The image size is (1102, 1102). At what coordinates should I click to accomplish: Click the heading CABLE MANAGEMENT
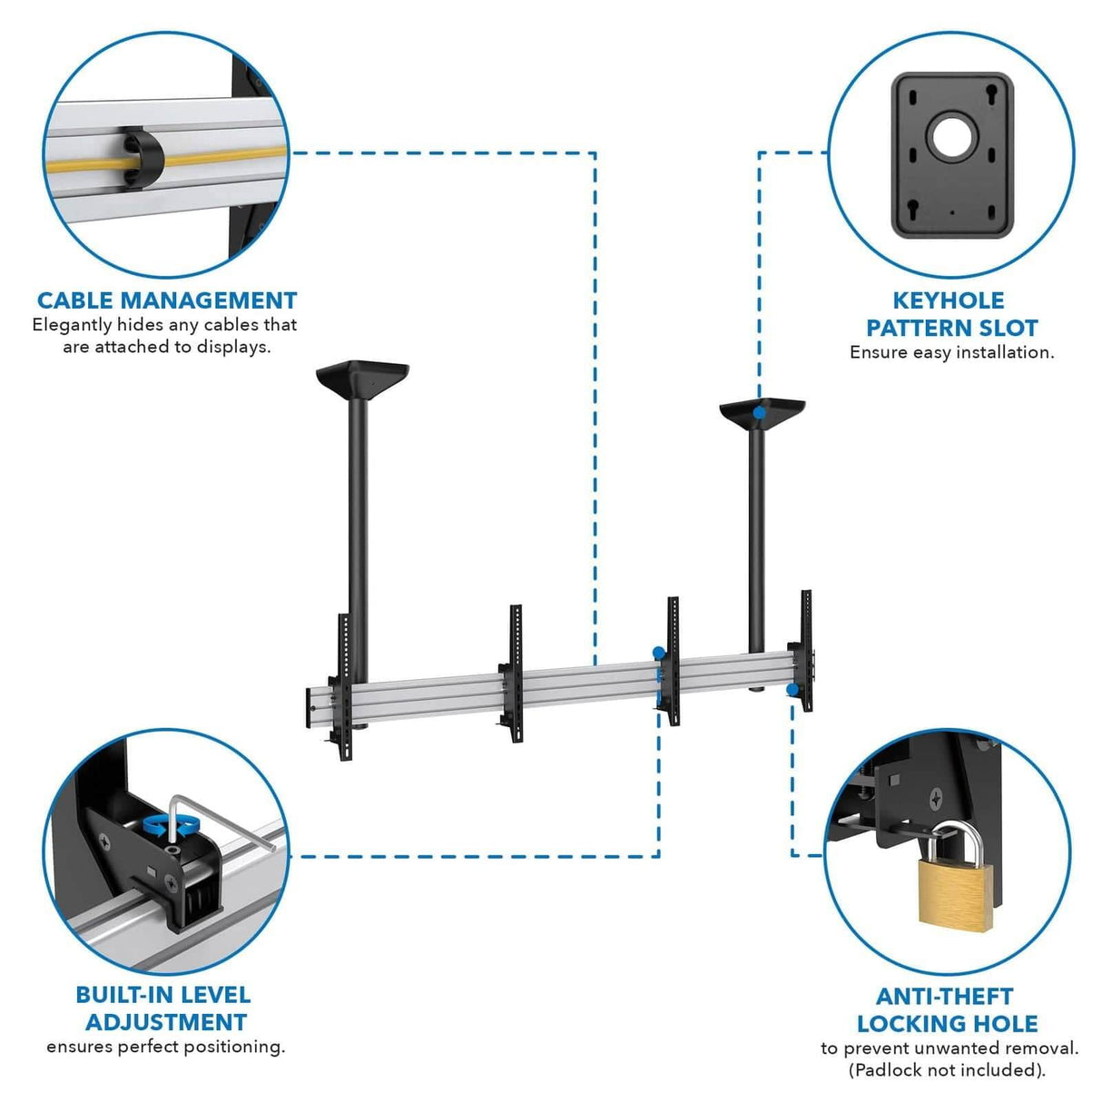(167, 300)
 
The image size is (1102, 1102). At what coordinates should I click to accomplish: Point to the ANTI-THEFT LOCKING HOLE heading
(946, 1010)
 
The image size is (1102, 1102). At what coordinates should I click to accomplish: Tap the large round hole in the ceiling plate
(950, 135)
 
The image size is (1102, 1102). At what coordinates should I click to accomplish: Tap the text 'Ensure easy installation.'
(951, 352)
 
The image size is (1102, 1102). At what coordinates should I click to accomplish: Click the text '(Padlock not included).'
(947, 1070)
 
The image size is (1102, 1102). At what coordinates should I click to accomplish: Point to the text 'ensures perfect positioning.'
(165, 1047)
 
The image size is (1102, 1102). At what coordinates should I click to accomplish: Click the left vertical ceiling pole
(358, 526)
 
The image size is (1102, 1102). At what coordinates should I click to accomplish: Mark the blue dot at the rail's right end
(792, 690)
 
